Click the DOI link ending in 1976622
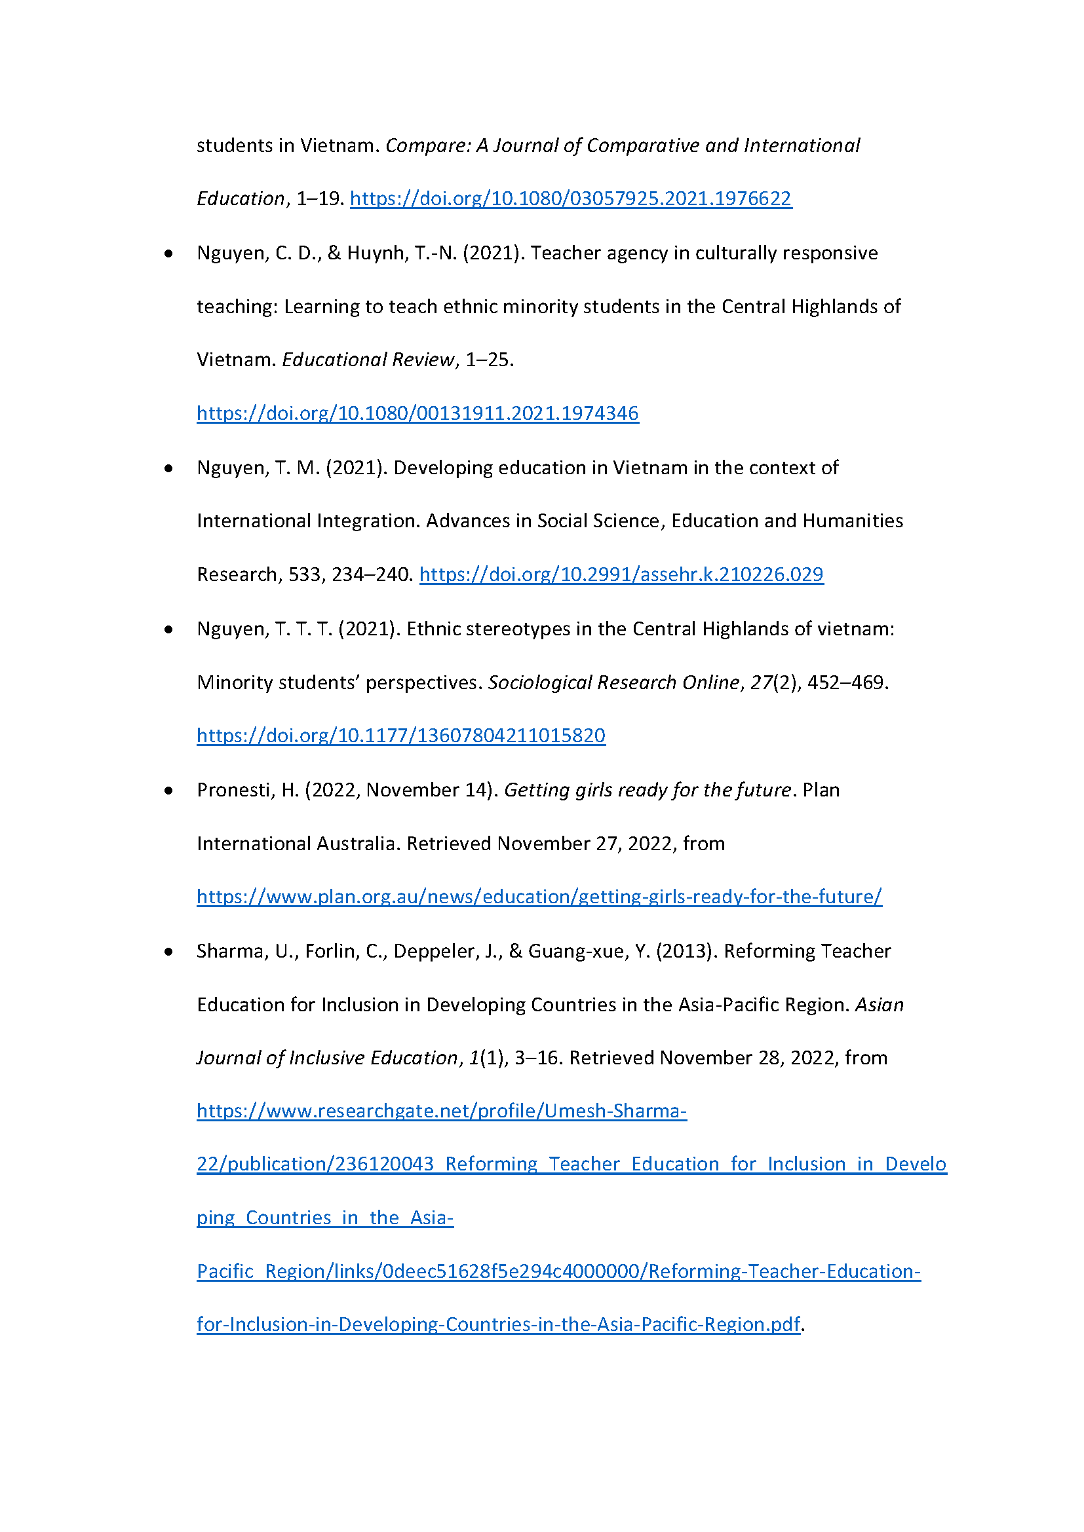pos(571,198)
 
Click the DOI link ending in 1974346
pos(417,413)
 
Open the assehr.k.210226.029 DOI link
pos(621,574)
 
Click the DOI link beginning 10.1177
pos(400,736)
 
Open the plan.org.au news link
pos(539,897)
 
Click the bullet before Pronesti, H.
pos(169,791)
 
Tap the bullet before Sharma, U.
pos(169,952)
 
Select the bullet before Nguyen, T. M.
pos(169,469)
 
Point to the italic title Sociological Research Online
pos(613,682)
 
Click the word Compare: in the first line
pos(427,145)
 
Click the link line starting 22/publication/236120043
pos(571,1165)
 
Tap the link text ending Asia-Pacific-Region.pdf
pos(497,1325)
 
